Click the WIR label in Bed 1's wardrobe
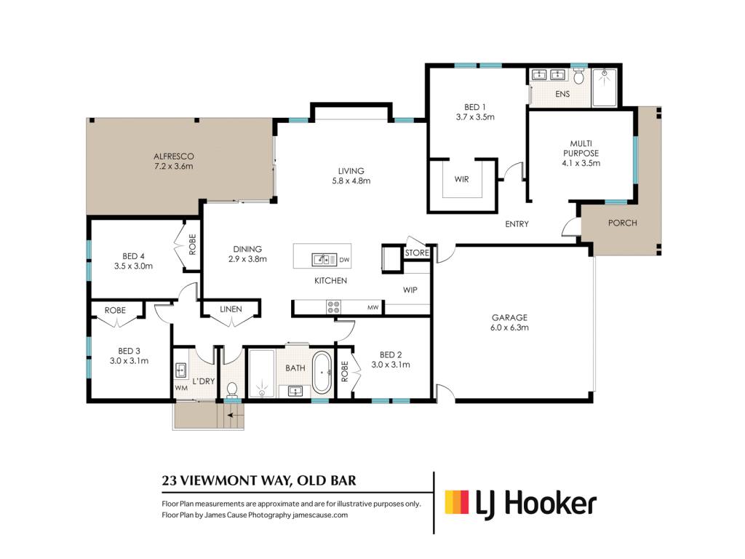[x=461, y=179]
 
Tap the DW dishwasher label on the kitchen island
[x=344, y=260]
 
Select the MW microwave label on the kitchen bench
[x=373, y=308]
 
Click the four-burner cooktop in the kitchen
[x=333, y=307]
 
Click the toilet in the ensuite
[x=578, y=76]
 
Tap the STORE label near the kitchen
[x=417, y=253]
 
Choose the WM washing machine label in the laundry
[x=181, y=388]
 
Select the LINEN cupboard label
[x=231, y=309]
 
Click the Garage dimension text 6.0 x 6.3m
[x=509, y=328]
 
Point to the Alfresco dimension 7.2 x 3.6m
[x=173, y=167]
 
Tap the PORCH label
[x=623, y=223]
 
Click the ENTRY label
[x=517, y=224]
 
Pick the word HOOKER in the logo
[x=550, y=504]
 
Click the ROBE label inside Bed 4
[x=192, y=245]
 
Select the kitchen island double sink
[x=324, y=260]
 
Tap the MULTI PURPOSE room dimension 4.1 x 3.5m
[x=581, y=164]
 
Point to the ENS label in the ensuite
[x=562, y=94]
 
